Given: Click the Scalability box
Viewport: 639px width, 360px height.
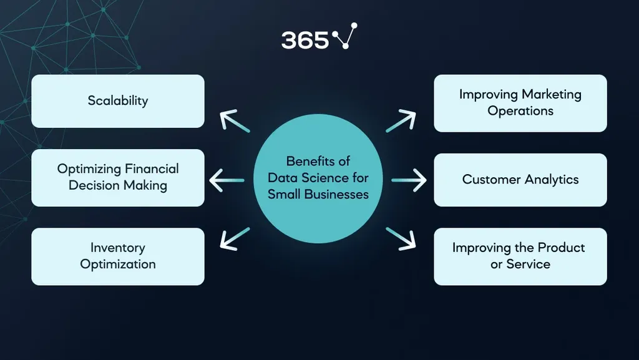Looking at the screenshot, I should [118, 101].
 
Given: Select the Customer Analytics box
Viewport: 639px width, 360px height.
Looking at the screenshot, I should [520, 180].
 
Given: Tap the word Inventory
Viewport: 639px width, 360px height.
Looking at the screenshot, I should [117, 248].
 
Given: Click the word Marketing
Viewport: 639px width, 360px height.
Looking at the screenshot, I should [551, 95].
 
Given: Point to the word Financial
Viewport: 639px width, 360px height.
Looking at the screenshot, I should [152, 169].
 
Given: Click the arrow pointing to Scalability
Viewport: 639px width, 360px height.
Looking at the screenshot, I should [234, 121].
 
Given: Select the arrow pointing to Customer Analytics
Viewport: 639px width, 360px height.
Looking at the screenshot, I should [409, 181].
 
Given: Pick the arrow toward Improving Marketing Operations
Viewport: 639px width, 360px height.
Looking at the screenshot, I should [401, 122].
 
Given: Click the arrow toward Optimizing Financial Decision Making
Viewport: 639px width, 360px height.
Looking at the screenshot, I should [226, 181].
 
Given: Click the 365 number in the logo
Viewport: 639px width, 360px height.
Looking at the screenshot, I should [305, 40].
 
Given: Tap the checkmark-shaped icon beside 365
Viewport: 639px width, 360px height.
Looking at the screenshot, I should [344, 37].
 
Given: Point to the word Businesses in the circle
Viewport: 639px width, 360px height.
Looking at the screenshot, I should [338, 194].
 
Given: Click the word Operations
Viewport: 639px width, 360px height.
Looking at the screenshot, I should [520, 111].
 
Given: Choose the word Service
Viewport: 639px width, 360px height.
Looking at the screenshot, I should [529, 264].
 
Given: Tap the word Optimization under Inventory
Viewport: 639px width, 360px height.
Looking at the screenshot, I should [117, 264].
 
